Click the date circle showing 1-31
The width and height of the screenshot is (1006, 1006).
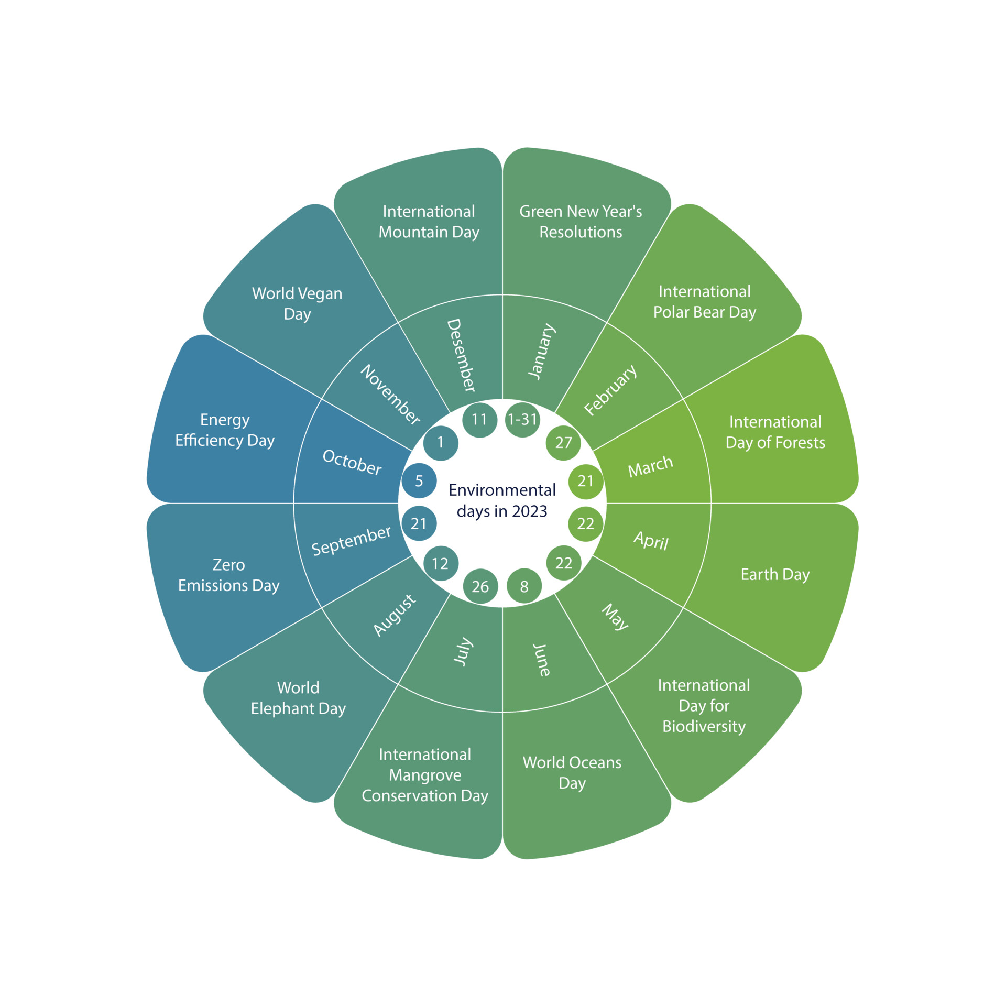pyautogui.click(x=522, y=419)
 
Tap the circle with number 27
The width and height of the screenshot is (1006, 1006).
pyautogui.click(x=563, y=443)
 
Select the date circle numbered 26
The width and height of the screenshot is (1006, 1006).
pyautogui.click(x=480, y=586)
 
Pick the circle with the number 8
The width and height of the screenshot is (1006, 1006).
pyautogui.click(x=524, y=586)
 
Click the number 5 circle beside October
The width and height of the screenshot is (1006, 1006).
pyautogui.click(x=419, y=480)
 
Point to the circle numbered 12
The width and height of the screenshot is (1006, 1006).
pyautogui.click(x=440, y=563)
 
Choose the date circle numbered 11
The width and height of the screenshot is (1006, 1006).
pyautogui.click(x=479, y=419)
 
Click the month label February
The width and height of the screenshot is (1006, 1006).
pyautogui.click(x=610, y=390)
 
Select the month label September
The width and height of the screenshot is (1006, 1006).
pyautogui.click(x=351, y=541)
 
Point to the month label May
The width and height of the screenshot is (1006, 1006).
pyautogui.click(x=615, y=617)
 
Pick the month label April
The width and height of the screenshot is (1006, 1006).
pyautogui.click(x=651, y=540)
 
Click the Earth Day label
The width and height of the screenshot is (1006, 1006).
pyautogui.click(x=775, y=575)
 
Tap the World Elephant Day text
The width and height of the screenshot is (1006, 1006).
pyautogui.click(x=298, y=698)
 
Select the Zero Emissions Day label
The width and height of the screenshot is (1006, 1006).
pyautogui.click(x=229, y=575)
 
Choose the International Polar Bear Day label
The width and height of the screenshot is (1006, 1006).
pyautogui.click(x=704, y=302)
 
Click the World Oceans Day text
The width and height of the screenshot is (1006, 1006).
pyautogui.click(x=572, y=772)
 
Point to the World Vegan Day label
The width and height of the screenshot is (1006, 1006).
pyautogui.click(x=297, y=303)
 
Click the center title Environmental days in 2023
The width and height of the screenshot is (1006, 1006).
pyautogui.click(x=502, y=500)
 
